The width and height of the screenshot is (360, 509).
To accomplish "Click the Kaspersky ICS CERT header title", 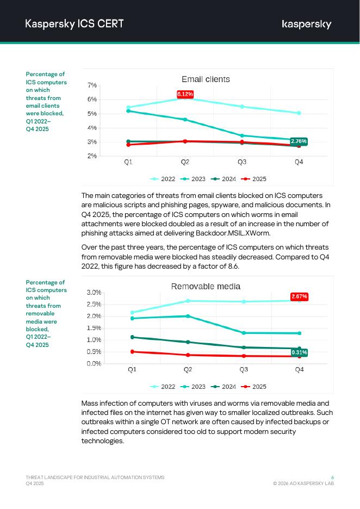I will tap(74, 23).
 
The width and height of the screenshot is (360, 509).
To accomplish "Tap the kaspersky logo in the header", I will tap(306, 24).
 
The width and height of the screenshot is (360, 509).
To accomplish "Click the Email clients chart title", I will tap(206, 79).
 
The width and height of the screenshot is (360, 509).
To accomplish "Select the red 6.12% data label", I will tap(185, 94).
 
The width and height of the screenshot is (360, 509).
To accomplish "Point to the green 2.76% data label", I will tap(299, 141).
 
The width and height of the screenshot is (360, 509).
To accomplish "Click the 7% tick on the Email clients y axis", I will tap(92, 85).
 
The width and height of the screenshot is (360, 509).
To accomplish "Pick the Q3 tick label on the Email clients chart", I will tap(242, 162).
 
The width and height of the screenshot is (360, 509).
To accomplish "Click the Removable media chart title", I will tap(206, 287).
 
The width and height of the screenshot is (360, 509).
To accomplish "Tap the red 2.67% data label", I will tap(299, 296).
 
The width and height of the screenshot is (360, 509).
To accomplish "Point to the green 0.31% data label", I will tap(299, 352).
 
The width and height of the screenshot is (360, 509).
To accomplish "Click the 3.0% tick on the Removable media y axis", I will tap(94, 293).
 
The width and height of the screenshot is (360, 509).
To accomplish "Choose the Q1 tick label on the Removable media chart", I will tap(132, 370).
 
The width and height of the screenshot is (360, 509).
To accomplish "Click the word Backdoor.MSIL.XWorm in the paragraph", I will tap(233, 233).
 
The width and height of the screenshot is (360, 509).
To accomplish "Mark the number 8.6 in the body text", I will tap(233, 266).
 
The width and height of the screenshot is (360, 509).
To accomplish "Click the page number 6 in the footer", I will tap(332, 477).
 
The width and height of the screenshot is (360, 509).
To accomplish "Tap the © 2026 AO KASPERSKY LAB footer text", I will tap(303, 483).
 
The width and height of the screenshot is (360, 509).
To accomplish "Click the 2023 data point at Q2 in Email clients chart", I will tap(185, 120).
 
